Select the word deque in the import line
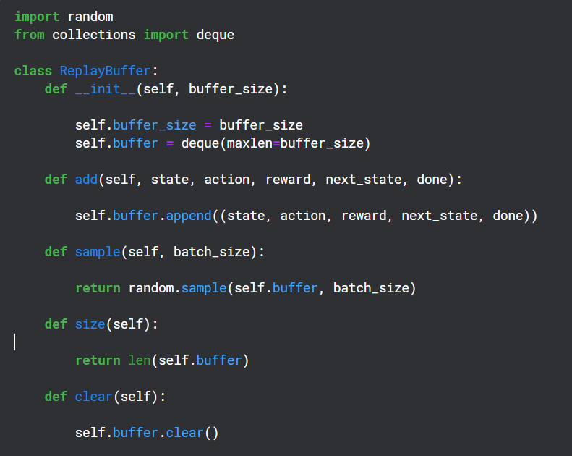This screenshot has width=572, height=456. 215,35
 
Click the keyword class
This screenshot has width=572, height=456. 33,71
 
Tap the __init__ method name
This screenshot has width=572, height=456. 105,89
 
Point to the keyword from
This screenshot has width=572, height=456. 29,35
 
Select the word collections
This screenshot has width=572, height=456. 93,35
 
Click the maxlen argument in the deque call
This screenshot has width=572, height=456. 249,143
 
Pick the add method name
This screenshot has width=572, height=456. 86,180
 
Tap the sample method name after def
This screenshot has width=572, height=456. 98,252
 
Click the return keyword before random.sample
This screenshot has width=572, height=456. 98,288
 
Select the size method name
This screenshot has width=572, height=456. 90,324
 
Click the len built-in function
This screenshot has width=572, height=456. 139,360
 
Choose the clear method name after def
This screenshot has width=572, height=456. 93,397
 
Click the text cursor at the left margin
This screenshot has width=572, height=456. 15,342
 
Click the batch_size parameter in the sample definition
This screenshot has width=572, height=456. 215,252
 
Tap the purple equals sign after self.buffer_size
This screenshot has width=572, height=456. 208,125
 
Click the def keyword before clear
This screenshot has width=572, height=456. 56,397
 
